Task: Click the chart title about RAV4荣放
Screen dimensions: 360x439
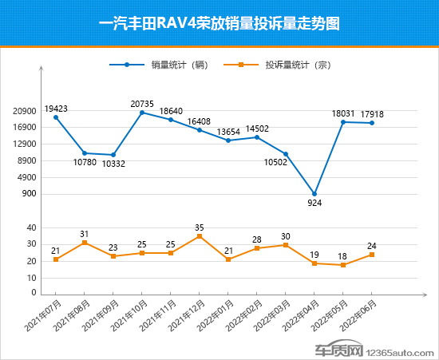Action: (x=219, y=23)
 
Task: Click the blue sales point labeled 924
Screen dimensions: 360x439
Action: (x=314, y=194)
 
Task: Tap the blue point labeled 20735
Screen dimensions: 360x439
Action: (x=142, y=113)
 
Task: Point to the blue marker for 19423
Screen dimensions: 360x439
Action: (x=56, y=117)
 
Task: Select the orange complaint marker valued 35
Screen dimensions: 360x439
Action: (x=200, y=236)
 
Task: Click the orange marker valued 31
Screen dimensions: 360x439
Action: (x=85, y=243)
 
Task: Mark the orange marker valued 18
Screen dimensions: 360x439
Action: (x=343, y=265)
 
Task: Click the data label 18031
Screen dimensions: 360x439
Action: (x=343, y=113)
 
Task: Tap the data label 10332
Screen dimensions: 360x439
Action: (x=113, y=164)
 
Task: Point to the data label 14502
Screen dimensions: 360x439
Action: (x=257, y=128)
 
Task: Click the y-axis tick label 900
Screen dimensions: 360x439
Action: (x=29, y=194)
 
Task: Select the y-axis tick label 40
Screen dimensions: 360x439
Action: (x=31, y=227)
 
